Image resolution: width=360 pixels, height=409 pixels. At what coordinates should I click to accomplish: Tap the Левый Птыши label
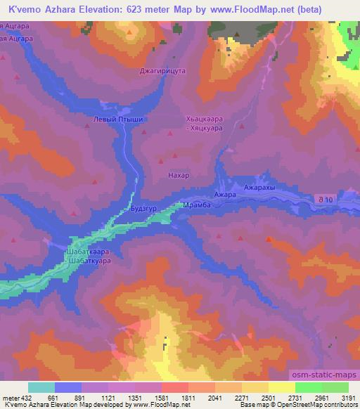[x=118, y=119]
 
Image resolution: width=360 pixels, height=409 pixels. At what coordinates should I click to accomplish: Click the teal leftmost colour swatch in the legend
[x=41, y=387]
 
